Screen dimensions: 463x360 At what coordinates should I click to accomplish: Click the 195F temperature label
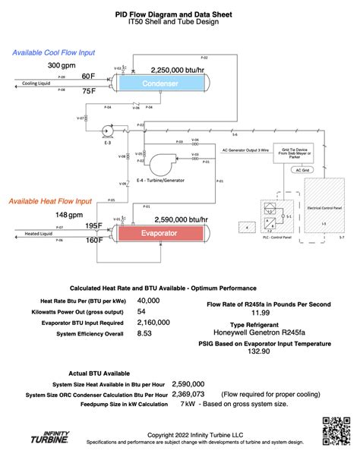94,226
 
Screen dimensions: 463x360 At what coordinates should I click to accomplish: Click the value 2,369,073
188,395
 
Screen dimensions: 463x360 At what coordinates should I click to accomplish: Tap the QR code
335,430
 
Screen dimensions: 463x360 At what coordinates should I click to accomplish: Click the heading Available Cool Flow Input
53,52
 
